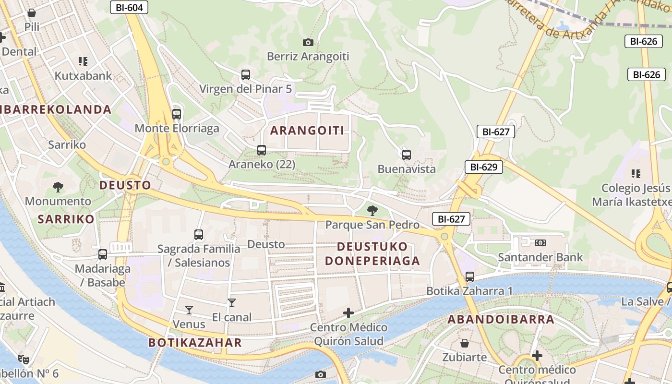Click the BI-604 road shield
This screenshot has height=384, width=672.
click(x=129, y=7)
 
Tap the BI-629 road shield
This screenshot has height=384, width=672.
click(x=483, y=167)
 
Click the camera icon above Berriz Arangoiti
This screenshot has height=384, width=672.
click(x=308, y=43)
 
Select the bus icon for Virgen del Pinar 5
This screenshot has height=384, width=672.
click(x=246, y=75)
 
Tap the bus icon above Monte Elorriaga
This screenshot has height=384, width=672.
click(x=177, y=114)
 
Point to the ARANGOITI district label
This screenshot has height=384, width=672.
click(x=307, y=131)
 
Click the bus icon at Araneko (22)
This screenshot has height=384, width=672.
click(x=262, y=150)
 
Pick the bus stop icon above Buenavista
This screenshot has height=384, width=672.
click(x=407, y=155)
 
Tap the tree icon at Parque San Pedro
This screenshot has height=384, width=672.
click(x=372, y=210)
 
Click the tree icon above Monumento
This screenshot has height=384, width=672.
click(x=58, y=187)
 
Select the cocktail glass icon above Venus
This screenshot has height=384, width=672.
click(x=189, y=310)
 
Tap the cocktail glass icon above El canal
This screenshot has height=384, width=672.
click(x=232, y=303)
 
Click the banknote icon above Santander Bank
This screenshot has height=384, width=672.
click(x=540, y=243)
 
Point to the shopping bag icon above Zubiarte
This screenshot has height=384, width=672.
click(x=465, y=343)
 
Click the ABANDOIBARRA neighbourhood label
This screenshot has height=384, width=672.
click(x=501, y=319)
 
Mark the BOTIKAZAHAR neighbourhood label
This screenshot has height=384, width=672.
click(x=195, y=343)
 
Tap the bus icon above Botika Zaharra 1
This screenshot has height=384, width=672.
click(x=470, y=277)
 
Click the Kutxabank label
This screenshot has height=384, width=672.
click(x=83, y=76)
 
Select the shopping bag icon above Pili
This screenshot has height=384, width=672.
click(x=32, y=13)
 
